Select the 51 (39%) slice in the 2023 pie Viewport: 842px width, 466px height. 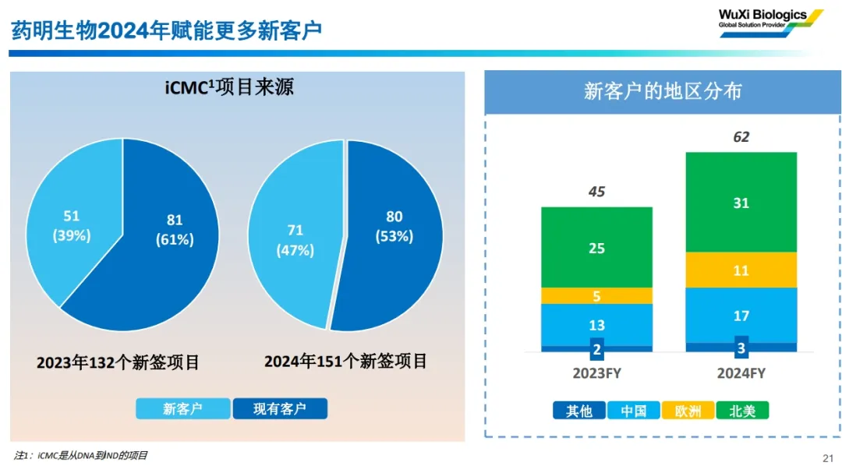click(72, 226)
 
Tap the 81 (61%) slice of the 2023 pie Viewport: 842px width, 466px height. click(168, 234)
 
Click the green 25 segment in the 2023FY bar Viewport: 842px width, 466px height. click(596, 248)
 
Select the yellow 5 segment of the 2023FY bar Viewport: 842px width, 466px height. click(596, 296)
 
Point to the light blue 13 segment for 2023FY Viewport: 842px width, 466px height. click(596, 325)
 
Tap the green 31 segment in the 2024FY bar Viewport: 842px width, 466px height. click(741, 203)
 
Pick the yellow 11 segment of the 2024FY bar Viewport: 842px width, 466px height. click(741, 270)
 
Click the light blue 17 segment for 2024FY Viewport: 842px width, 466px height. click(741, 316)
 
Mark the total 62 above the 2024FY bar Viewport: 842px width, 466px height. click(741, 137)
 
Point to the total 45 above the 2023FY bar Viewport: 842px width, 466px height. click(596, 192)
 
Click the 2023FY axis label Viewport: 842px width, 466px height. click(596, 373)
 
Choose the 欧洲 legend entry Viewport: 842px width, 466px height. click(688, 411)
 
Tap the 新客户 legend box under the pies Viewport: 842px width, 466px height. click(182, 409)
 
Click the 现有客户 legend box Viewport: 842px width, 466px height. click(279, 409)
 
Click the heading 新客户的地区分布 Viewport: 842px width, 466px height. click(663, 91)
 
